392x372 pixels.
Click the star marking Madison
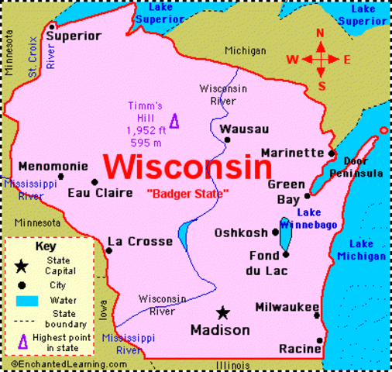pos(223,312)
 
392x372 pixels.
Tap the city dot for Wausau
pos(227,140)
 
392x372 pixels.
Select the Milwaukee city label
pos(287,306)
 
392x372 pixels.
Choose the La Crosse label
pos(139,242)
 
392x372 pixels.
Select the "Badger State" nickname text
pos(187,193)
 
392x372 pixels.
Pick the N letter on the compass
pos(321,33)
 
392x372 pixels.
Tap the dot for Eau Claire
pos(95,183)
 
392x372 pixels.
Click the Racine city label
pos(299,350)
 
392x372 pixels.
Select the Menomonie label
pos(49,165)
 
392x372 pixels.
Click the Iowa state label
pos(104,308)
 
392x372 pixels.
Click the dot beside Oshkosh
pos(275,232)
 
